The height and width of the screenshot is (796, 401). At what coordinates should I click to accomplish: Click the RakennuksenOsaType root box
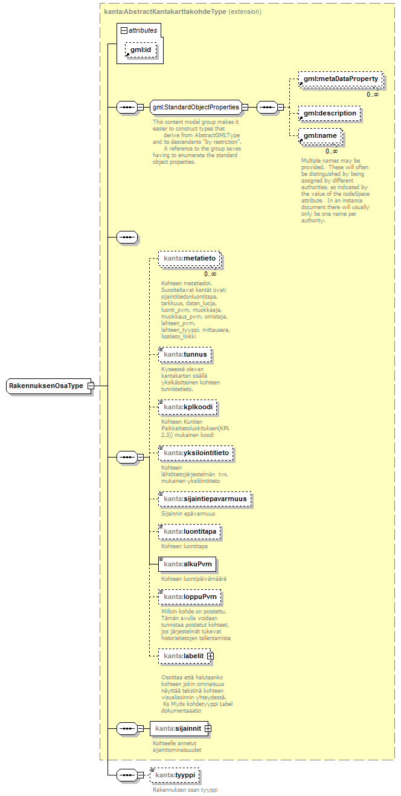pyautogui.click(x=46, y=386)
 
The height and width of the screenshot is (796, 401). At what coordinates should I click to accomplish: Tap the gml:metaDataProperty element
pyautogui.click(x=341, y=79)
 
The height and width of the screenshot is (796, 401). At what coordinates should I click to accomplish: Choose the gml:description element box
pyautogui.click(x=330, y=113)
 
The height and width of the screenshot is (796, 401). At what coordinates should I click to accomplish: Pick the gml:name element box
pyautogui.click(x=320, y=136)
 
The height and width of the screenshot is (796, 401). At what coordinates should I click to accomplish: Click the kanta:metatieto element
pyautogui.click(x=189, y=259)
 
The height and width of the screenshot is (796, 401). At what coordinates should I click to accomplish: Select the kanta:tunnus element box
pyautogui.click(x=185, y=354)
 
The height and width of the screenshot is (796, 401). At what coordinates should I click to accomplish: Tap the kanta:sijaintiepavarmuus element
pyautogui.click(x=205, y=499)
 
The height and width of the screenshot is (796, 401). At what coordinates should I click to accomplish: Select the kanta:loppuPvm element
pyautogui.click(x=189, y=597)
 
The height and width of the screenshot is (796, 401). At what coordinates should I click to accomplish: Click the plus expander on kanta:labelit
pyautogui.click(x=210, y=656)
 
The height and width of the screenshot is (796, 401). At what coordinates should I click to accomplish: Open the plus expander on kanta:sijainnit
pyautogui.click(x=208, y=728)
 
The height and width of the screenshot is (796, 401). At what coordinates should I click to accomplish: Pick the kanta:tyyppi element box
pyautogui.click(x=176, y=775)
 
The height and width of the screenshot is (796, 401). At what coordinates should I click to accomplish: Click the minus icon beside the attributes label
pyautogui.click(x=124, y=30)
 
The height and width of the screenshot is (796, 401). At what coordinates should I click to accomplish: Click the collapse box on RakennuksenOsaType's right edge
pyautogui.click(x=90, y=386)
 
